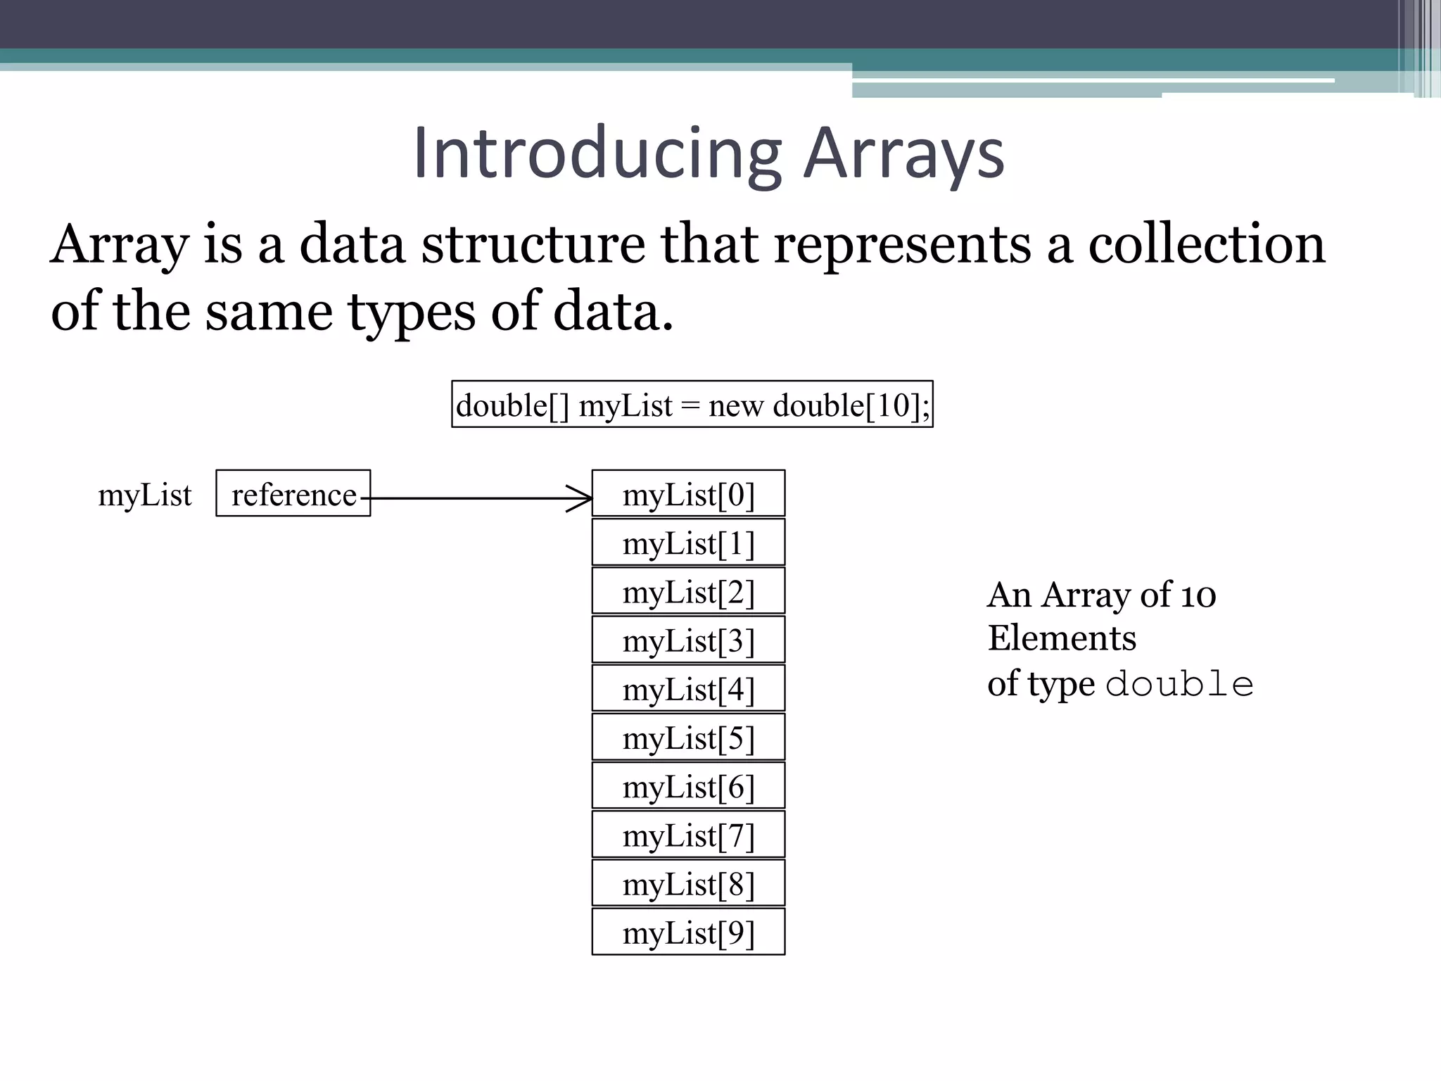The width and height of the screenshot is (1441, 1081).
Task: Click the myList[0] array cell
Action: pos(688,493)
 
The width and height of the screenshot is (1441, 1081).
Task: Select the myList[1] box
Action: pos(688,543)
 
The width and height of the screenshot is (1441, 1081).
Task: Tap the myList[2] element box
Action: pos(688,591)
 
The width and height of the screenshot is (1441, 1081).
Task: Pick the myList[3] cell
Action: pos(688,640)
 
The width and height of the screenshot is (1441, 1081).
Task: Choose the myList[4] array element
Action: pos(688,688)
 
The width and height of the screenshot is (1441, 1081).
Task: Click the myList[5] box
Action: pos(688,737)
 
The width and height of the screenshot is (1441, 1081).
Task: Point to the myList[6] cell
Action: pos(688,785)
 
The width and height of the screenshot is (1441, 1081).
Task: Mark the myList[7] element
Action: pos(688,835)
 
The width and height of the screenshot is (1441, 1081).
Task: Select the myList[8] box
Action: pos(688,883)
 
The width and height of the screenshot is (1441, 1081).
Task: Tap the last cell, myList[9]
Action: pos(688,932)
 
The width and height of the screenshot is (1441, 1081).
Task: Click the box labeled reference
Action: pos(293,493)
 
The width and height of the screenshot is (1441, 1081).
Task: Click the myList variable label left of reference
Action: pos(145,495)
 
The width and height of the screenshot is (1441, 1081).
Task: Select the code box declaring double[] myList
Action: pos(692,404)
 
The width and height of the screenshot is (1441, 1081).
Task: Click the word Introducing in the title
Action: pos(597,153)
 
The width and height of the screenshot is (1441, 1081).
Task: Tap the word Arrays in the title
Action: pos(904,153)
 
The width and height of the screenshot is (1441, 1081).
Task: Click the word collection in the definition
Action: pos(1207,244)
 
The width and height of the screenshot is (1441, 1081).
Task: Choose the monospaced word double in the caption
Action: pos(1180,685)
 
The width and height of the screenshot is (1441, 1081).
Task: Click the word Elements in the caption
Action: pos(1062,638)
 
